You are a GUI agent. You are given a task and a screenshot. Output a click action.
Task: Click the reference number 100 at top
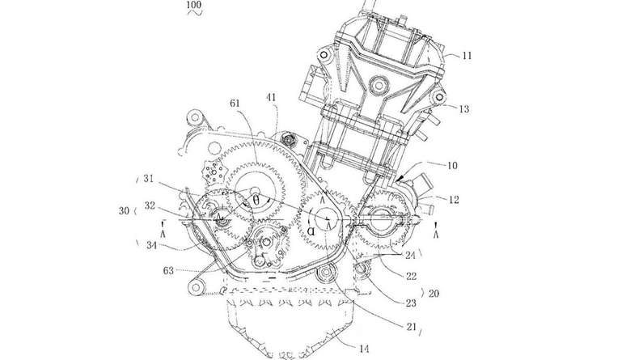tap(194, 5)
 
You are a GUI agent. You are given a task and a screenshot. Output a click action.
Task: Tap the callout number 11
tap(467, 55)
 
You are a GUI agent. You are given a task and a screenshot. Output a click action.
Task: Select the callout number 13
tap(464, 108)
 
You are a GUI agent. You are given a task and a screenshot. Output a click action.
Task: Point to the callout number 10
tap(452, 165)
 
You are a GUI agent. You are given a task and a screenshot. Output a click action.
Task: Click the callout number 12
tap(454, 199)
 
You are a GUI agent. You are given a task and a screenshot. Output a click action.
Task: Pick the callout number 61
tap(235, 103)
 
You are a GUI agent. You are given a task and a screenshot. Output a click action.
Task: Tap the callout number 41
tap(271, 97)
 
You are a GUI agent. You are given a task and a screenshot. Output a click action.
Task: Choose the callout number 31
tap(149, 178)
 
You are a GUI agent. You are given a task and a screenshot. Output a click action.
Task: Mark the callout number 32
tap(150, 205)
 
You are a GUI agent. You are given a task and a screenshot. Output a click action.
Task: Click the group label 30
tap(124, 210)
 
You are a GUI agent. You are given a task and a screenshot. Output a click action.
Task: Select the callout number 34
tap(151, 245)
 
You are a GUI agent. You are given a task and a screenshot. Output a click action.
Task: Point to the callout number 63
tap(169, 270)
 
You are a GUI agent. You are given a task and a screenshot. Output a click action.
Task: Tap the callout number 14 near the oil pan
tap(364, 349)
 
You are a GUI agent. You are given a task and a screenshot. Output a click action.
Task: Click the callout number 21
tap(411, 327)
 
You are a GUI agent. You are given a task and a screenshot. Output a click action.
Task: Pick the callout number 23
tap(411, 303)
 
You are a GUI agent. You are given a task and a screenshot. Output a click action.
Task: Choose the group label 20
tap(434, 294)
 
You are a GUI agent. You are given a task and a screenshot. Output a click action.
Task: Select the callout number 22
tap(411, 276)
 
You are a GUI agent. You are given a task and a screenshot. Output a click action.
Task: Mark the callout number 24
tap(410, 255)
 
